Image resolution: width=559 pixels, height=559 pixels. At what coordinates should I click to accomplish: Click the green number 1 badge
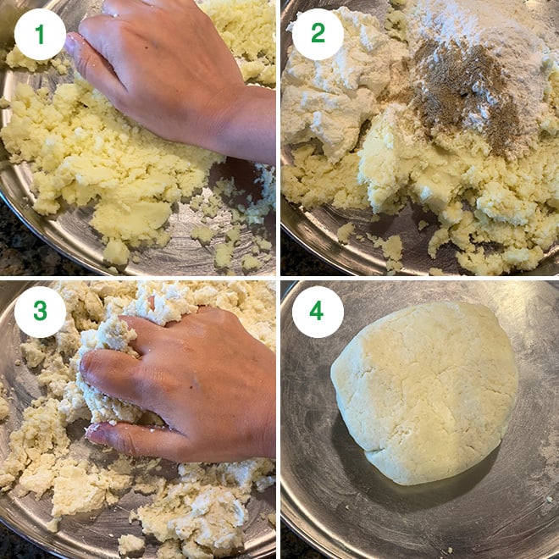(40, 34)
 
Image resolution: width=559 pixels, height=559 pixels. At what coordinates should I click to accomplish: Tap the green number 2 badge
(318, 34)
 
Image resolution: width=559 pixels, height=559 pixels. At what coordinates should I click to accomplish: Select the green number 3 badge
(40, 312)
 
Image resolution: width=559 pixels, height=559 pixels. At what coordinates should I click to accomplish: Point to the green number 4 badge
(318, 312)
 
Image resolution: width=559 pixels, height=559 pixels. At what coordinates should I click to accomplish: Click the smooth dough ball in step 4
(424, 392)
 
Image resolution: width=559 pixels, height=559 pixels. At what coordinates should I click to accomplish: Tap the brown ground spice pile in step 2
(463, 92)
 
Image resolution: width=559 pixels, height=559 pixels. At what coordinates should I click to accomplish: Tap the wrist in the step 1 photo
(250, 121)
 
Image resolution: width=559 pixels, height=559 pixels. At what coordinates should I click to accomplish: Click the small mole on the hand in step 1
(156, 43)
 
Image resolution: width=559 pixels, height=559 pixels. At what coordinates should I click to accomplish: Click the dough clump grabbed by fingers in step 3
(107, 374)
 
